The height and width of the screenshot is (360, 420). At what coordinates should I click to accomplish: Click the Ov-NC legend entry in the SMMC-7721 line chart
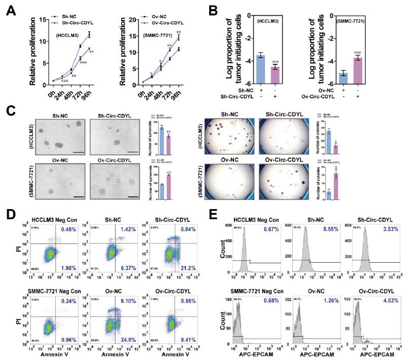tap(163, 17)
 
